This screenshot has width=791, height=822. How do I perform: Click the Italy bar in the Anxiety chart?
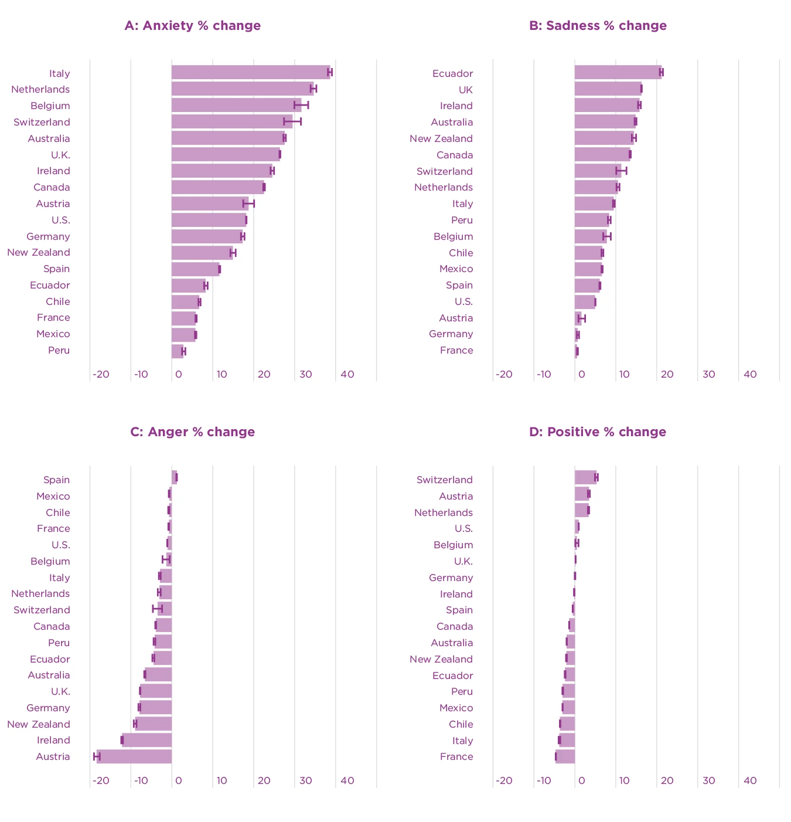pos(250,72)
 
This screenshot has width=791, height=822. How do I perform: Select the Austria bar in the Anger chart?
pos(134,756)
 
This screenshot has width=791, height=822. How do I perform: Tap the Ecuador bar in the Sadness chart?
pos(618,72)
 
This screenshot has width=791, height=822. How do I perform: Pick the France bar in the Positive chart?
pos(565,756)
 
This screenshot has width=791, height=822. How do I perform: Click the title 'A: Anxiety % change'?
pos(192,26)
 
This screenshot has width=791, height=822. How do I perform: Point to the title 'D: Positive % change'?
pos(597,432)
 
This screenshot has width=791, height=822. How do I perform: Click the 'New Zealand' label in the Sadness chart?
pos(441,138)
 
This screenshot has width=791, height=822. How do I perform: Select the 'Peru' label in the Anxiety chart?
pos(59,351)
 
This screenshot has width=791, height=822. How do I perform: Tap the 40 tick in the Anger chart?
pos(347,780)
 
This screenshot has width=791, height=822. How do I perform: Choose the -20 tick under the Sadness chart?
pos(503,374)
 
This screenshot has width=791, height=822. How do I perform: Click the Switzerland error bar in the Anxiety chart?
pos(292,121)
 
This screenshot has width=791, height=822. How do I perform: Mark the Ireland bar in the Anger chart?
pos(146,740)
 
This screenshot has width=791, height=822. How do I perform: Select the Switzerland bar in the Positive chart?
pos(585,477)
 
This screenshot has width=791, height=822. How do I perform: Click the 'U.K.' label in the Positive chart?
pos(463,562)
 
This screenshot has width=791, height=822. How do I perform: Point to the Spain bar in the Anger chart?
pos(174,477)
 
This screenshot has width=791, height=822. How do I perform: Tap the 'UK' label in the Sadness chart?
pos(465,90)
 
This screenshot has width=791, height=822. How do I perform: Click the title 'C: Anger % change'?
pos(192,432)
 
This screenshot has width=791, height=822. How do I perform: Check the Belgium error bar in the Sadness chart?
pos(607,236)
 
